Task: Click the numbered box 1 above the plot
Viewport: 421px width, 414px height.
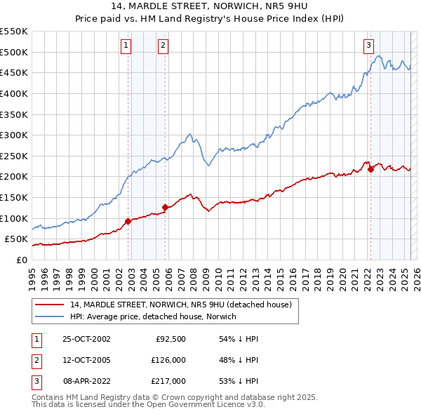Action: pyautogui.click(x=126, y=46)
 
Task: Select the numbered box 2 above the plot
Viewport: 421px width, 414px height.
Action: pyautogui.click(x=163, y=46)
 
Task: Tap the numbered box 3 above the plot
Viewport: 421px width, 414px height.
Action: pyautogui.click(x=368, y=46)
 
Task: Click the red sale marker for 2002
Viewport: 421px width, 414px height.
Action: pyautogui.click(x=128, y=221)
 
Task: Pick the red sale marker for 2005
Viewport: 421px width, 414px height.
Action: pyautogui.click(x=165, y=207)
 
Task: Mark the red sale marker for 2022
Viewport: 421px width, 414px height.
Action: pyautogui.click(x=370, y=169)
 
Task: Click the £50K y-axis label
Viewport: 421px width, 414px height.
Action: pyautogui.click(x=16, y=239)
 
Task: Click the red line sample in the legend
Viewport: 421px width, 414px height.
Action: pyautogui.click(x=50, y=305)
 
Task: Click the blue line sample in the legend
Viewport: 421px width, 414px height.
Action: pyautogui.click(x=50, y=316)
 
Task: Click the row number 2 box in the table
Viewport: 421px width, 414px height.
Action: pyautogui.click(x=35, y=360)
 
